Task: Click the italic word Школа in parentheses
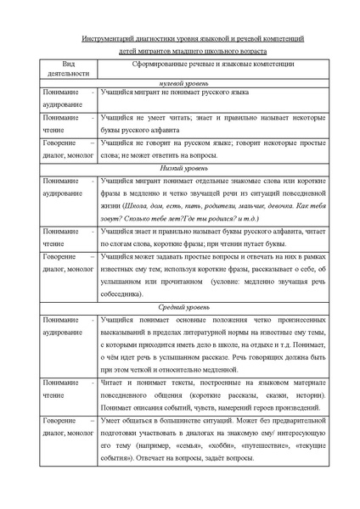[x=138, y=205]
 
